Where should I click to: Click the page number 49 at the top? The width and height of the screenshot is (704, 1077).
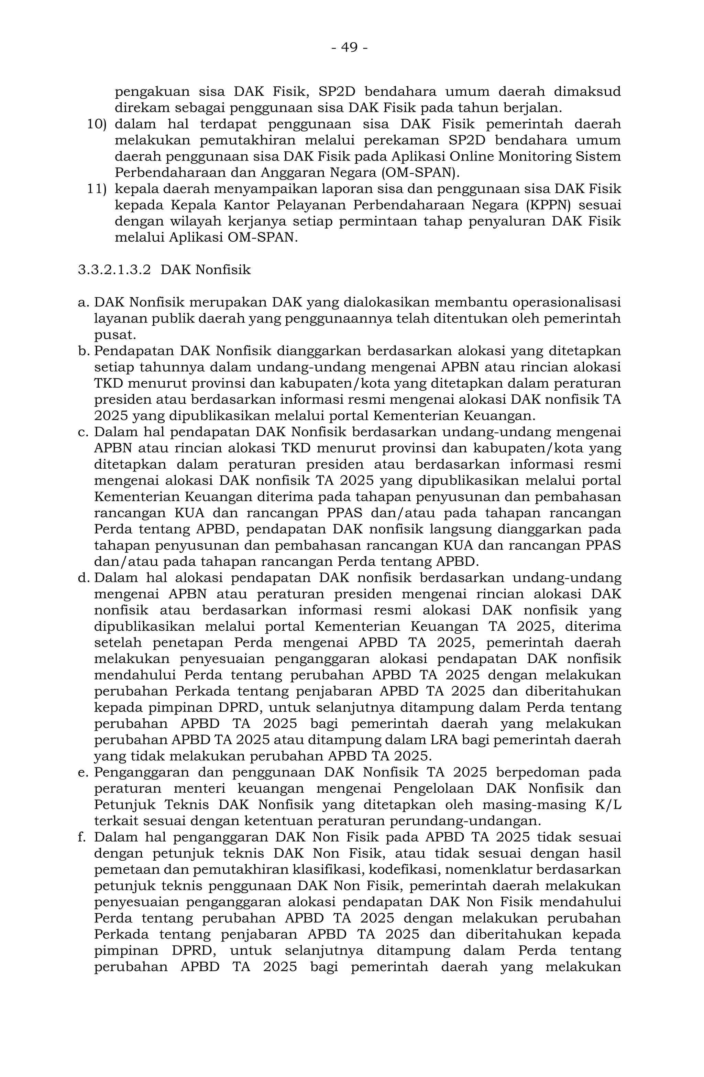[x=349, y=47]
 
